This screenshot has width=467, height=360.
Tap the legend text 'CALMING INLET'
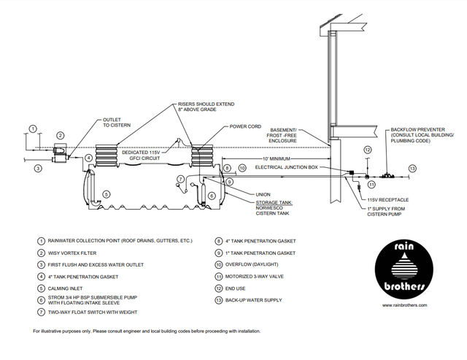(x=70, y=288)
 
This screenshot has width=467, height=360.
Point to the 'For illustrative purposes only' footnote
(x=146, y=332)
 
